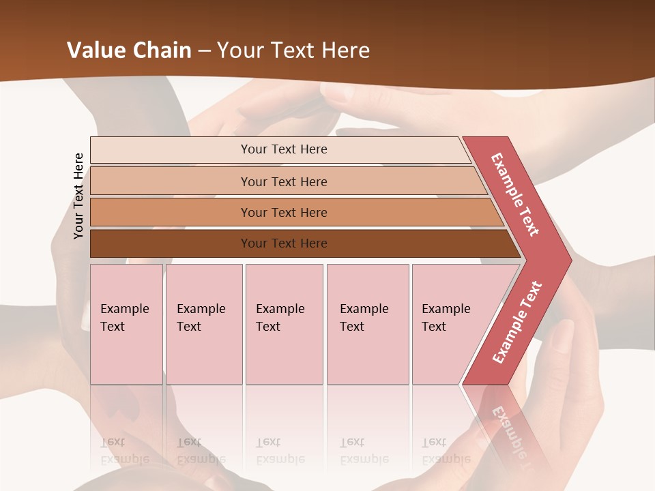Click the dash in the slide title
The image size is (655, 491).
[x=204, y=51]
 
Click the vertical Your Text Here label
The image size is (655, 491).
[x=78, y=196]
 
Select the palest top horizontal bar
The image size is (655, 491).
[x=284, y=149]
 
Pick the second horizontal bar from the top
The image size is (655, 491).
[x=284, y=181]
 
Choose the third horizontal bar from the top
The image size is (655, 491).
[x=284, y=212]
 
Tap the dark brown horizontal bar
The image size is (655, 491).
[x=284, y=243]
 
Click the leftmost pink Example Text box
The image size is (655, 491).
[x=126, y=323]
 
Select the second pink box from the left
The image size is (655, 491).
[x=203, y=323]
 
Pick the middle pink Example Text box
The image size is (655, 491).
[x=284, y=323]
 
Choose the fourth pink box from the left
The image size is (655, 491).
[x=367, y=323]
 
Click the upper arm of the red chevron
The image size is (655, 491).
[x=515, y=194]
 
